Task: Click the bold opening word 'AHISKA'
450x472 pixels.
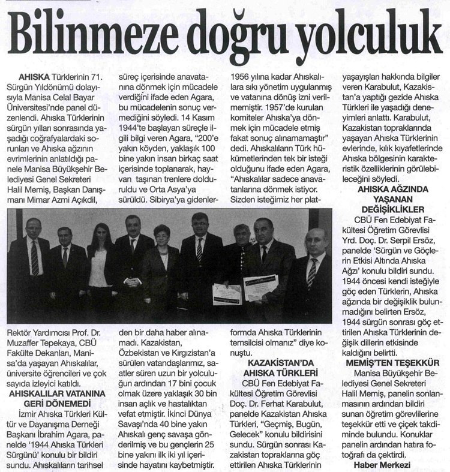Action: pos(38,77)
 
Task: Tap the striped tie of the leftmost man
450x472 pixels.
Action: pos(35,258)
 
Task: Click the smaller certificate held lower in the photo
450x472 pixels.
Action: pos(227,294)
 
